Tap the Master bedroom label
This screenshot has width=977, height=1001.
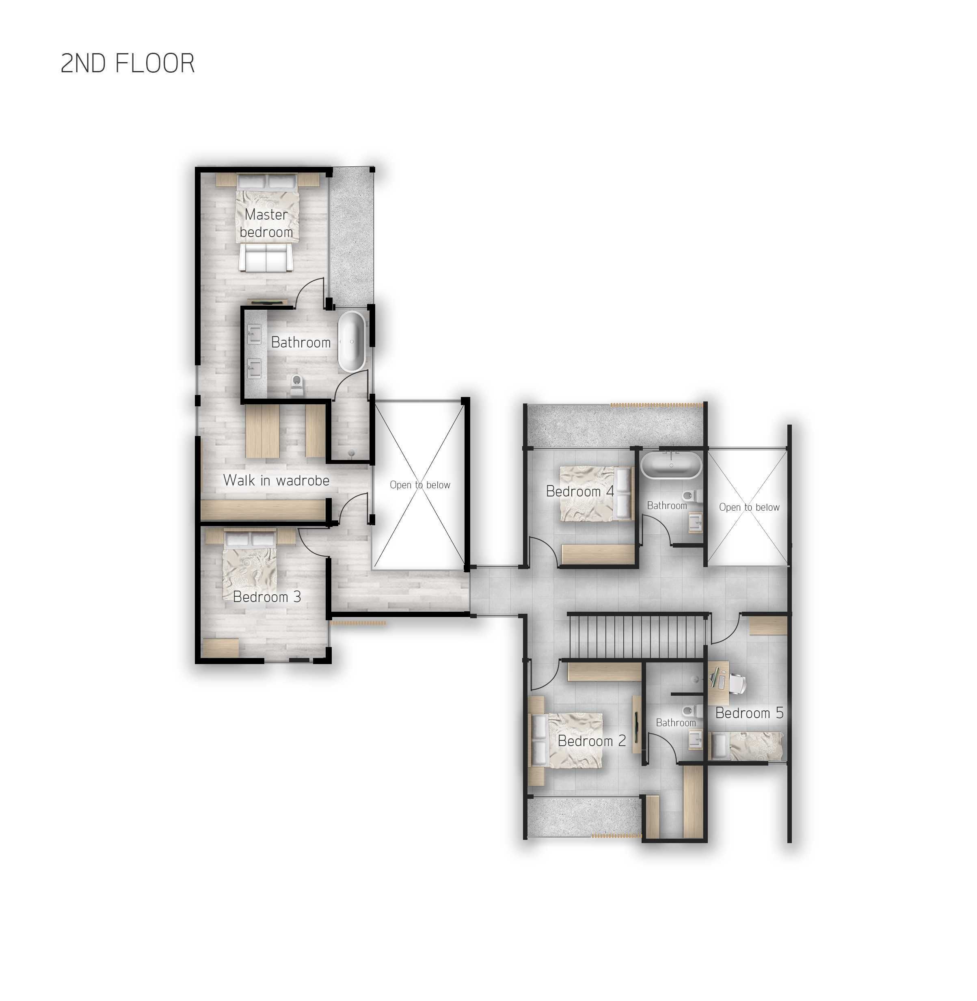click(x=266, y=223)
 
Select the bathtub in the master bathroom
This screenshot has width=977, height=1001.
click(x=352, y=341)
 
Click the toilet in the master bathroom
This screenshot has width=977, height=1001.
click(x=296, y=385)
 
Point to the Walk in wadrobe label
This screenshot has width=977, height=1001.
click(x=276, y=480)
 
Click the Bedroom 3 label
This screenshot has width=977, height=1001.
click(x=267, y=597)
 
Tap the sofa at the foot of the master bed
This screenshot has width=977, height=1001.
click(x=266, y=258)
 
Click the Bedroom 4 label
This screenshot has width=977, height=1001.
click(x=580, y=492)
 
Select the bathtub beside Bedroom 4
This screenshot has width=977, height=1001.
click(x=671, y=465)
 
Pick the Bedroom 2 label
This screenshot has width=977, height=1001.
click(x=592, y=741)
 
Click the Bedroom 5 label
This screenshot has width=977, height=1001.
click(x=749, y=713)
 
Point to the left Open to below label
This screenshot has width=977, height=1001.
click(x=420, y=485)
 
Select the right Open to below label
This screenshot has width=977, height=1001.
click(x=749, y=507)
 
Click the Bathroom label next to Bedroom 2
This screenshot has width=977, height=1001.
click(x=676, y=723)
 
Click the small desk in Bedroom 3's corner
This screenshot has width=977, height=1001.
click(x=220, y=647)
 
